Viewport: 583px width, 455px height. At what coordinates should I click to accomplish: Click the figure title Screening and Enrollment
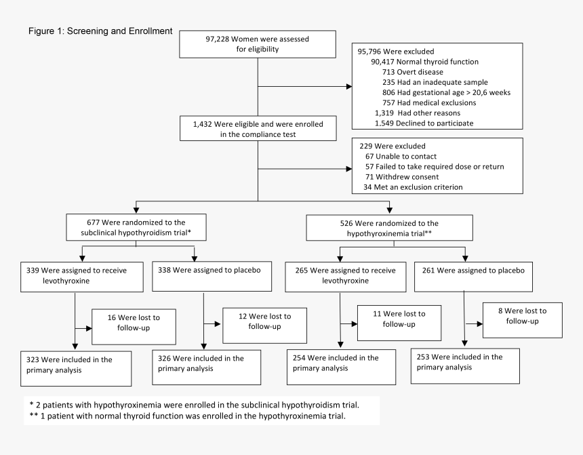100,31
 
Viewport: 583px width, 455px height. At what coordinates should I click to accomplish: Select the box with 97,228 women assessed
257,44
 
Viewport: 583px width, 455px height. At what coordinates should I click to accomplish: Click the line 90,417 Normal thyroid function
420,62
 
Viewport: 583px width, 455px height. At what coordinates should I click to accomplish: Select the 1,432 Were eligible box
257,130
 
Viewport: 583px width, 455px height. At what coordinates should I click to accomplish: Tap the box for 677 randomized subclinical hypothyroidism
136,227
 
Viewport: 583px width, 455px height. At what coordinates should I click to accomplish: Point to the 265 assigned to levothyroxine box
338,275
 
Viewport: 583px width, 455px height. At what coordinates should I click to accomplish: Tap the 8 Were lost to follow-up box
522,320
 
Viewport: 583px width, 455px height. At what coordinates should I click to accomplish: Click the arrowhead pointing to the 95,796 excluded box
348,87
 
